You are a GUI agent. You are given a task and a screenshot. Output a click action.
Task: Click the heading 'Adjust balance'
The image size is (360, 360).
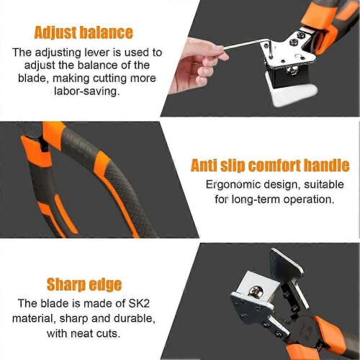coord(84,32)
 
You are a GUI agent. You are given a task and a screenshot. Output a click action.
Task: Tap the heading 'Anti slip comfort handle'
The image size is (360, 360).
coord(270,166)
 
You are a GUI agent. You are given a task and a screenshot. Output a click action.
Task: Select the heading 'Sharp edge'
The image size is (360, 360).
coord(84,284)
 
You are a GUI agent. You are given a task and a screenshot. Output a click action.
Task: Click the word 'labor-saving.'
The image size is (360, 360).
coord(86,91)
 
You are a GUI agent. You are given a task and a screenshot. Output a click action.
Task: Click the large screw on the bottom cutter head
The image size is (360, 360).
coord(256,292)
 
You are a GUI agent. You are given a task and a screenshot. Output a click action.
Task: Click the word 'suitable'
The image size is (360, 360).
coord(324,185)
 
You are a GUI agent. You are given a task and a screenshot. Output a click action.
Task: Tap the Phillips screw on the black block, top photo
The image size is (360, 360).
coord(292,71)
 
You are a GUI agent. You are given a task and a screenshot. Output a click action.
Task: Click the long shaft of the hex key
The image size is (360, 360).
coord(246,45)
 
